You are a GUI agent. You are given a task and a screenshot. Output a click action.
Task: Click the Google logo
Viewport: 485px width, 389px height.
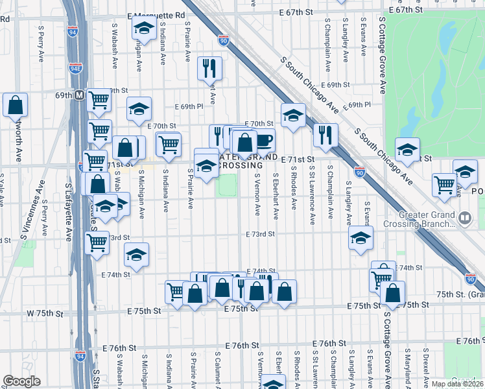point(21,381)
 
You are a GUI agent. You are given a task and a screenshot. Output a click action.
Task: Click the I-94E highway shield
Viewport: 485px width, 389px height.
point(76,65)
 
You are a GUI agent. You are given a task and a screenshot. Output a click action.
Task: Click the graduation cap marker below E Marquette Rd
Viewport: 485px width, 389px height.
point(143,29)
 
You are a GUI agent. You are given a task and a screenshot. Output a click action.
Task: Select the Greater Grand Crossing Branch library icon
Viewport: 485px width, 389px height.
point(464,218)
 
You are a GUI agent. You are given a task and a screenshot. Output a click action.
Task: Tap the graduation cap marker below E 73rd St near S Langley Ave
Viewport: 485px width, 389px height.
point(361,238)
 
